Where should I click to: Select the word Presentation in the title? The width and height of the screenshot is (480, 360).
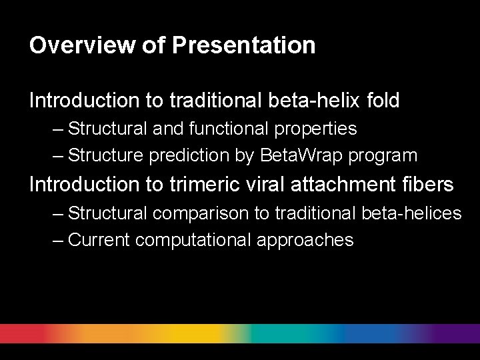pyautogui.click(x=243, y=45)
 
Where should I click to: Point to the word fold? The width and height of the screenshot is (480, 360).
pyautogui.click(x=383, y=101)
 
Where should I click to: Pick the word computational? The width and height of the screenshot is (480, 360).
pyautogui.click(x=193, y=241)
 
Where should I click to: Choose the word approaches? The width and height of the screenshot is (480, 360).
pyautogui.click(x=305, y=241)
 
